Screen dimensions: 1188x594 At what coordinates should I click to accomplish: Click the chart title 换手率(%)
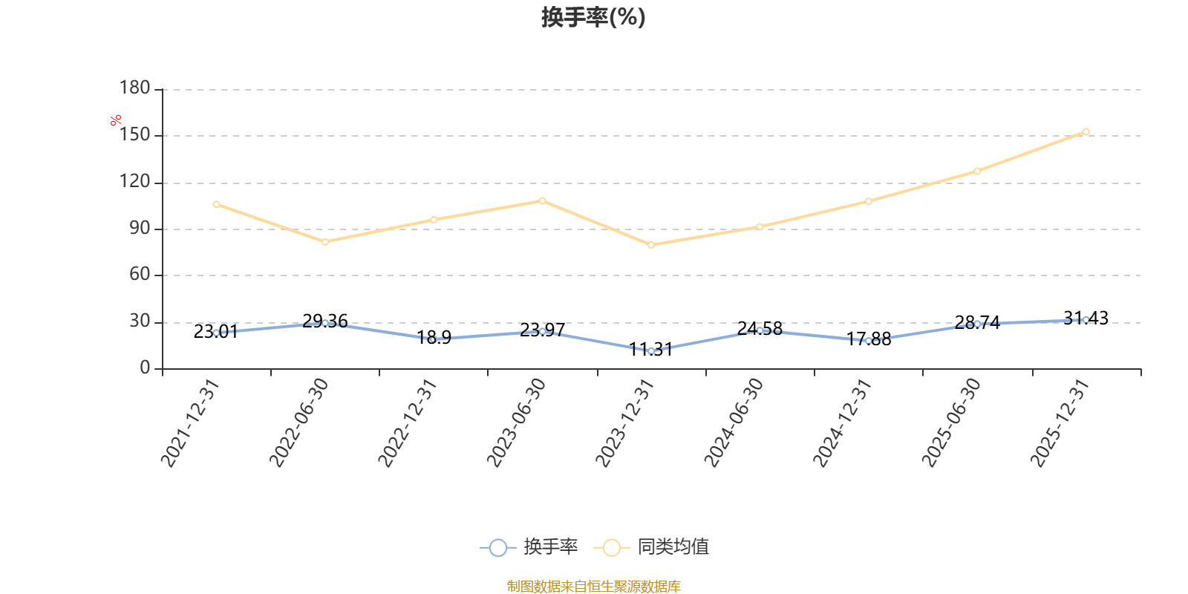point(593,18)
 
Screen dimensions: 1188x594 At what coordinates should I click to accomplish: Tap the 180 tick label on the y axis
point(134,88)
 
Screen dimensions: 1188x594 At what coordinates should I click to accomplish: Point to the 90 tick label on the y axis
point(140,229)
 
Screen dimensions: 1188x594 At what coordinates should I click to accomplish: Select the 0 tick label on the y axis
point(146,368)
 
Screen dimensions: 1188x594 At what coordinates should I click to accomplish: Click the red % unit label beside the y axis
point(116,120)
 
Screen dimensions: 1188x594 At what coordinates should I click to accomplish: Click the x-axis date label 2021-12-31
point(190,422)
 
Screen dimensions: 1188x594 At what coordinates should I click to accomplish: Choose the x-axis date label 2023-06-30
point(516,422)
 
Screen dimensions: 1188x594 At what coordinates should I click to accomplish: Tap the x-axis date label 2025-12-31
point(1060,422)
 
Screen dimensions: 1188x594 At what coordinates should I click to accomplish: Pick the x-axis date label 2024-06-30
point(734,422)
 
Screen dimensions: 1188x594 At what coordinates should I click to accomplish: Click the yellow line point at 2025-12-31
point(1086,132)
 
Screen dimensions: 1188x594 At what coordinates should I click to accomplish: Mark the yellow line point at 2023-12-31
point(651,245)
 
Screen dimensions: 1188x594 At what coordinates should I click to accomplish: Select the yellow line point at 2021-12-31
point(216,204)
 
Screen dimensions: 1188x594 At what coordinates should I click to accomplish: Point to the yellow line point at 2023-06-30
point(542,201)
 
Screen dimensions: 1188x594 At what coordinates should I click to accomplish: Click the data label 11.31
point(650,350)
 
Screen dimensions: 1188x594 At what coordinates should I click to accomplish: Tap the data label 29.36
point(325,322)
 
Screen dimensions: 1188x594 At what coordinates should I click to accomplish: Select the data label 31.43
point(1086,319)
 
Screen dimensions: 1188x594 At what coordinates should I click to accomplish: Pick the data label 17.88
point(868,339)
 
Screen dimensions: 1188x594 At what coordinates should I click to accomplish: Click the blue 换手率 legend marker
point(498,547)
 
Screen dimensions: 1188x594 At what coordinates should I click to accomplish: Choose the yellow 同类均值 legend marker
point(612,547)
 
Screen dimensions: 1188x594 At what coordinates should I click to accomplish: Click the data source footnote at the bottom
point(593,586)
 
